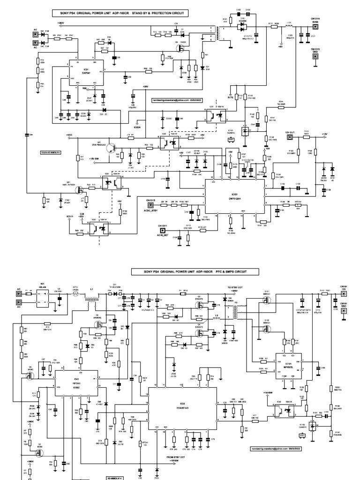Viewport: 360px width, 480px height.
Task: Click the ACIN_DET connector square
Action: (163, 230)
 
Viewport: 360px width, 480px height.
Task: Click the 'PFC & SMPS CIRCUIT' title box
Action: (189, 271)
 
